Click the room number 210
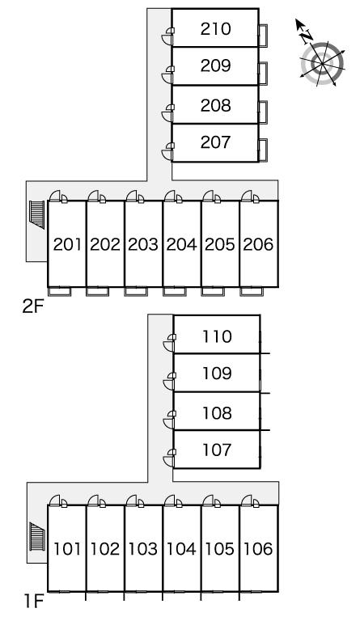(x=215, y=29)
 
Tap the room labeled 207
(x=215, y=142)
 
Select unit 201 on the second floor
(x=67, y=244)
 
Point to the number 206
(x=258, y=244)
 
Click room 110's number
(x=217, y=336)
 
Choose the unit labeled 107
(x=217, y=450)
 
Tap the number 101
(x=67, y=549)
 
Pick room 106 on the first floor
(x=258, y=549)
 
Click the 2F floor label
(x=32, y=306)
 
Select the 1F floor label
(x=34, y=602)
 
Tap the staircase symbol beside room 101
(x=37, y=537)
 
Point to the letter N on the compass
(x=306, y=37)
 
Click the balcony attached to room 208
(x=263, y=112)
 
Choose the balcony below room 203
(x=136, y=291)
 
